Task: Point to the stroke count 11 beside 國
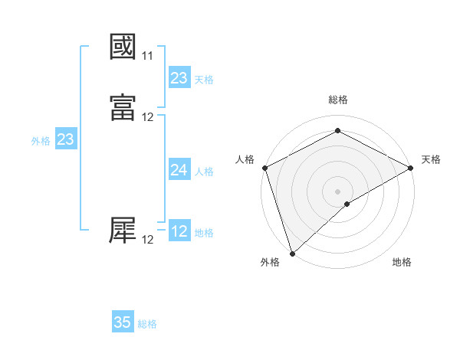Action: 147,56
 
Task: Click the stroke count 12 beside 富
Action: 147,117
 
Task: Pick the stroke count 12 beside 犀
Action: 147,240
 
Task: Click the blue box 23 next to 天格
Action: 179,78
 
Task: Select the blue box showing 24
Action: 179,170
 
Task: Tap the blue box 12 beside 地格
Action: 179,231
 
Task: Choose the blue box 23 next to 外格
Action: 65,139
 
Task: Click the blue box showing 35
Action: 123,322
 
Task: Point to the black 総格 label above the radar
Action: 337,100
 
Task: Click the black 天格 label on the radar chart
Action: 431,159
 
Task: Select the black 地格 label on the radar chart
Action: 402,263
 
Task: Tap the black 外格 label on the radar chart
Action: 270,263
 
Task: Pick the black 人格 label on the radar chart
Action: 245,159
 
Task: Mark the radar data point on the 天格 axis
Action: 412,167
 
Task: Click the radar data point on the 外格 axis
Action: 292,253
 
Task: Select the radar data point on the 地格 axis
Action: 347,204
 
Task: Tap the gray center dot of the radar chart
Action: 337,191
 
